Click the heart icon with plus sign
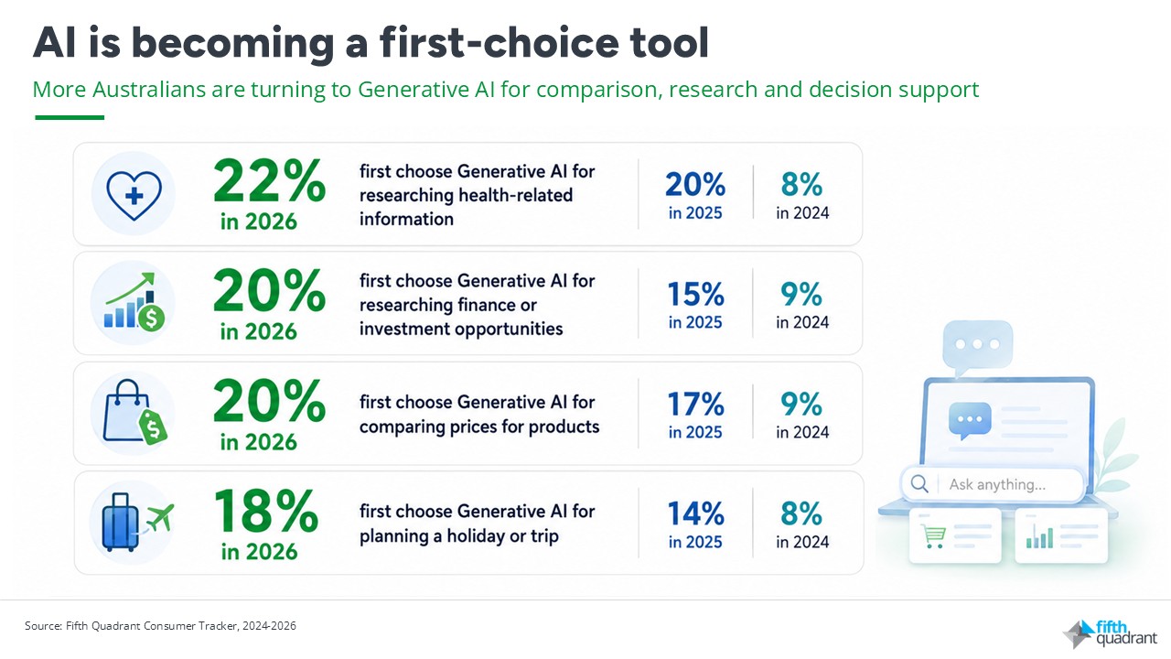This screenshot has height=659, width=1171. pos(134,195)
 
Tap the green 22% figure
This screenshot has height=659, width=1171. pos(269,181)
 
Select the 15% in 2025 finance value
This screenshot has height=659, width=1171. pos(695,294)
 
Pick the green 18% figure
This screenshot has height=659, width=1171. pos(265,511)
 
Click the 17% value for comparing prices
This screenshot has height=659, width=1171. pos(695,404)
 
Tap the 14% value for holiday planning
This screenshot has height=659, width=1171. pos(695,513)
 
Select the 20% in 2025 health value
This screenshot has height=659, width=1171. pos(695,185)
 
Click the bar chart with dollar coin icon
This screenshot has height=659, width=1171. pos(134,302)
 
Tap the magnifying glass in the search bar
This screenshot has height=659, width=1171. pos(919,484)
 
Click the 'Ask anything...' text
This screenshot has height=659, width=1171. pos(997,485)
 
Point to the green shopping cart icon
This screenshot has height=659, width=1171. pos(933,536)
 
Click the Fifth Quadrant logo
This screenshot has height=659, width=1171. pos(1111,633)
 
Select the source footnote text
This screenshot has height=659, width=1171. pos(160,625)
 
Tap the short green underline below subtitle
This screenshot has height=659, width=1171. pos(70,118)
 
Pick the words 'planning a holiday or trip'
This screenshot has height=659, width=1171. pos(459,536)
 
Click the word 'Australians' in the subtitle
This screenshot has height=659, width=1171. pos(149,90)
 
